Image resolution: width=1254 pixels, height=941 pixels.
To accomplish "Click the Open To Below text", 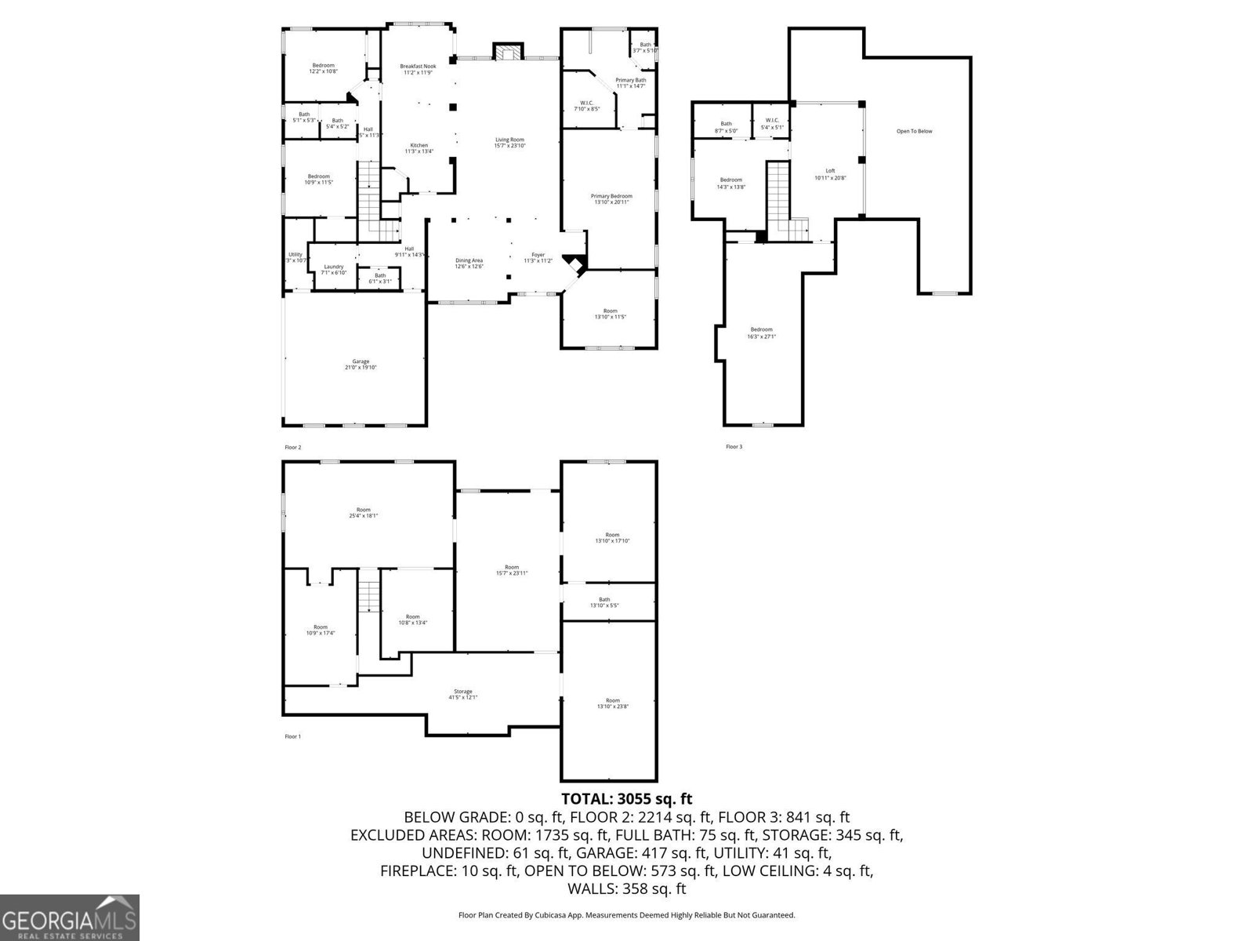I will (x=914, y=131).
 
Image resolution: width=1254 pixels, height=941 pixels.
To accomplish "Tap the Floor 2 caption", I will (x=292, y=447).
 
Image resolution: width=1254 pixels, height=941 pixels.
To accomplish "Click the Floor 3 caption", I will (x=734, y=447).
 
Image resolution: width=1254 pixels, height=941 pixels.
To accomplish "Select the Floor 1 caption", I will (x=292, y=736).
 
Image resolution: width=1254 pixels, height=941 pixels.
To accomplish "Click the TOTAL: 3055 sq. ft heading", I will (x=626, y=799).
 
